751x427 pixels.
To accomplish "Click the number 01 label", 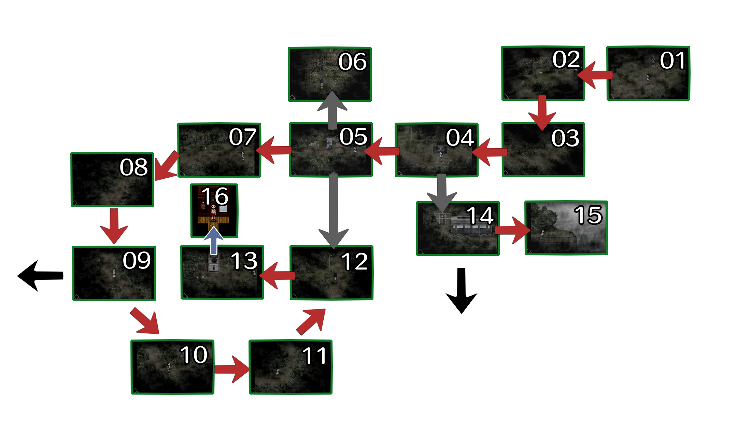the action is [672, 61].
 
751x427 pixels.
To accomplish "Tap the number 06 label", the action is [352, 62].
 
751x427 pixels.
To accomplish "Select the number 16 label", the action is [214, 196].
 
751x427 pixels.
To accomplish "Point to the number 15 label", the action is [588, 215].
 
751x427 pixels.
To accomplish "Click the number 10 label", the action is [194, 355].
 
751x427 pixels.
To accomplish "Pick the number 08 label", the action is [133, 167].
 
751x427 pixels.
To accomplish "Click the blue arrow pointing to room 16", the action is [214, 241].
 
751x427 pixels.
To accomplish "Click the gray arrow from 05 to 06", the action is [332, 110].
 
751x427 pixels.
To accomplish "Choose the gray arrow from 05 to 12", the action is [334, 210].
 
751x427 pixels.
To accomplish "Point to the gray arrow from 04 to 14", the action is [442, 193].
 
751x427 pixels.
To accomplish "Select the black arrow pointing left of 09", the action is [40, 276].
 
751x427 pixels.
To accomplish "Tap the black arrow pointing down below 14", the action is [462, 291].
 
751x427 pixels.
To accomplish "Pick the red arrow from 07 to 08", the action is [167, 166].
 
